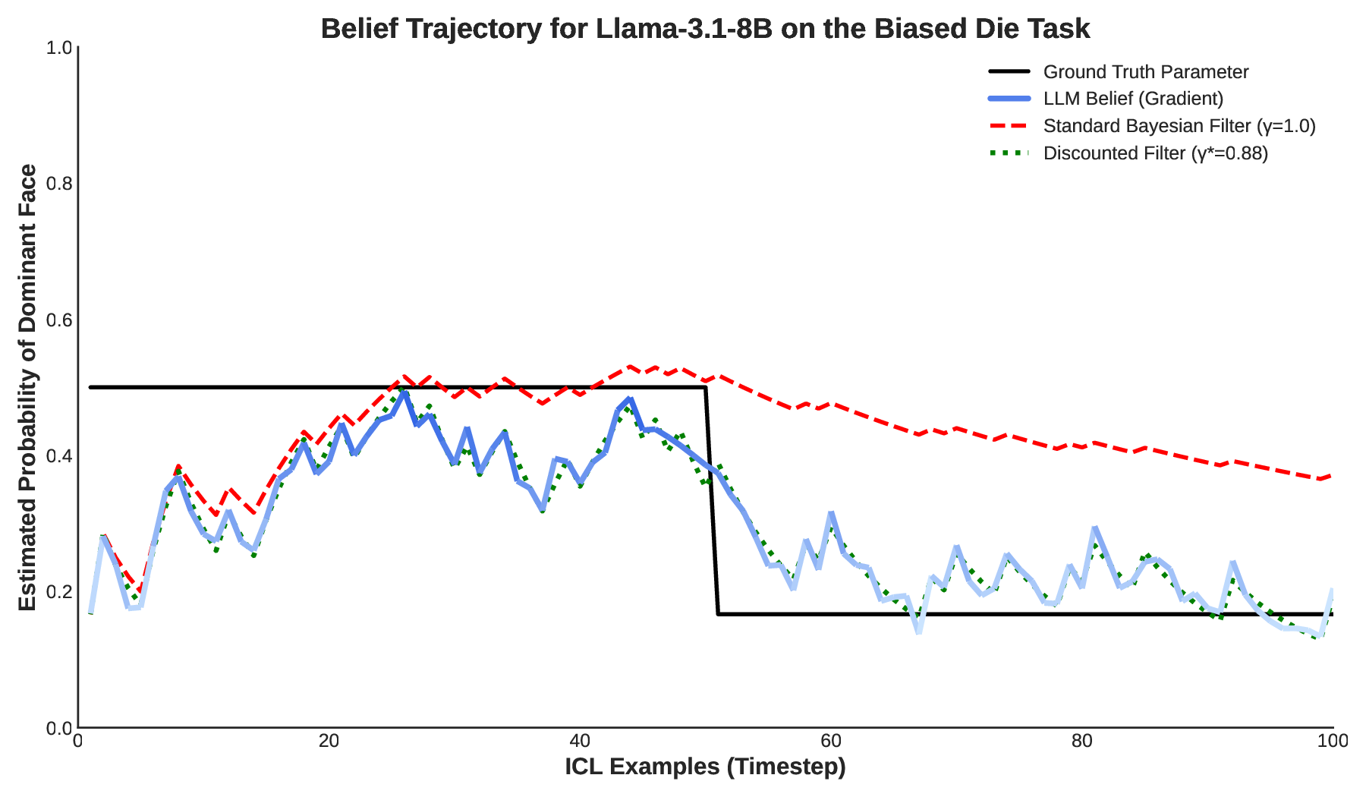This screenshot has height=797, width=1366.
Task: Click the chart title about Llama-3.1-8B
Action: (x=705, y=29)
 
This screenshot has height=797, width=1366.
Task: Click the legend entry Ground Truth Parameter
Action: (x=1145, y=72)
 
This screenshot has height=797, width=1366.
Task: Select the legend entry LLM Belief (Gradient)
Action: (x=1133, y=99)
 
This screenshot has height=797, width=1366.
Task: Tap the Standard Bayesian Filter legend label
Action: (x=1179, y=126)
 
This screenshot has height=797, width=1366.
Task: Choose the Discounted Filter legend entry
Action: (x=1155, y=153)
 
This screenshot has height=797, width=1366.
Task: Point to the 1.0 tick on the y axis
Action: (x=59, y=48)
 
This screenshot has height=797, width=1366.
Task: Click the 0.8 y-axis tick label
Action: (x=59, y=184)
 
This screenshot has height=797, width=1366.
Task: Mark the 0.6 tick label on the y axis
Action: (x=59, y=320)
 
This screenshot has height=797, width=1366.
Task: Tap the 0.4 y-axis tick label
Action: (x=59, y=455)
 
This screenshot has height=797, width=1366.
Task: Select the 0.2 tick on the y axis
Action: (x=59, y=592)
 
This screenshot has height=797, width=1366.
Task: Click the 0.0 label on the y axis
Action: (x=59, y=728)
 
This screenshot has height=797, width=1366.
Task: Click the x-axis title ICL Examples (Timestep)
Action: (x=705, y=767)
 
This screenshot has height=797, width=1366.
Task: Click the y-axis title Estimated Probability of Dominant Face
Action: (x=27, y=387)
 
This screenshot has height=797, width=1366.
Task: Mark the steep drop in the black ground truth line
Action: (x=712, y=501)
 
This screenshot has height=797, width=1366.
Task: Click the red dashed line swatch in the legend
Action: (x=1009, y=126)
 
